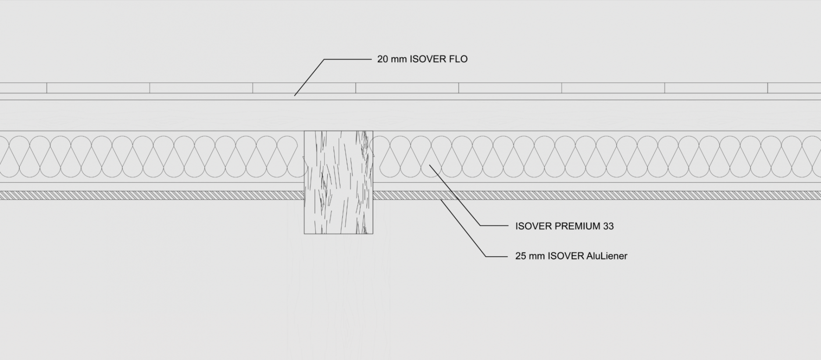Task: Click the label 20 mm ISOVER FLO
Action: pos(422,59)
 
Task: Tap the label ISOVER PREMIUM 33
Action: pos(564,226)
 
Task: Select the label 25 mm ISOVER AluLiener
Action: pos(571,256)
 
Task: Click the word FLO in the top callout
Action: pos(458,59)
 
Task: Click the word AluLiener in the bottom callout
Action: pos(607,256)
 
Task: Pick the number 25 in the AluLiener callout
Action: pos(521,256)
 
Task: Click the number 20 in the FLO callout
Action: pos(382,59)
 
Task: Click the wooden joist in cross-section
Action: pos(339,182)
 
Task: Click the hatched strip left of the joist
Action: pos(152,196)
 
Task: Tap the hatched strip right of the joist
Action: pos(597,196)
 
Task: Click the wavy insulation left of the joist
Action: pos(149,157)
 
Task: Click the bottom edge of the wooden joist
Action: pos(339,234)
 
